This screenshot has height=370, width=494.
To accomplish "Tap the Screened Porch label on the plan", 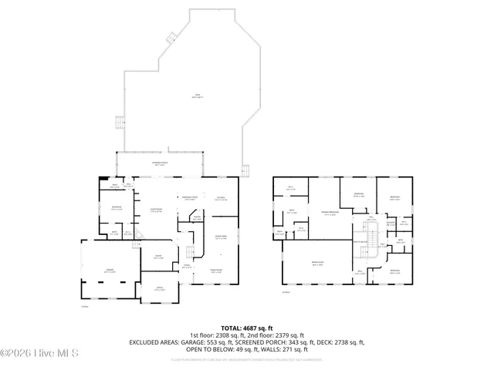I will pyautogui.click(x=160, y=164).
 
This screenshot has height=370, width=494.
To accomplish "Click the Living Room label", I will pyautogui.click(x=155, y=211).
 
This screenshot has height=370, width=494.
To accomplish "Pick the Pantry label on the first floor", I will pyautogui.click(x=197, y=218).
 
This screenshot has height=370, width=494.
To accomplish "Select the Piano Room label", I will pyautogui.click(x=216, y=270).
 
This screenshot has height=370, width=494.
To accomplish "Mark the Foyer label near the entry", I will pyautogui.click(x=186, y=267).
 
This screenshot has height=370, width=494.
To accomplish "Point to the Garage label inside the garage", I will pyautogui.click(x=110, y=269).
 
